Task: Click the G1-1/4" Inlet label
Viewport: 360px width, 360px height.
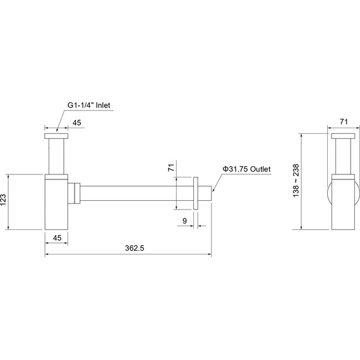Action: pos(89,105)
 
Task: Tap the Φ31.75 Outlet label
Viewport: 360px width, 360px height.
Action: pos(246,169)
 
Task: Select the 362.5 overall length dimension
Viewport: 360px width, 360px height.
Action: pos(135,248)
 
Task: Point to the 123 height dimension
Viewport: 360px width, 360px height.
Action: pos(3,200)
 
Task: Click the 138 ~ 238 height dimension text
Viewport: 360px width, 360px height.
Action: pos(296,181)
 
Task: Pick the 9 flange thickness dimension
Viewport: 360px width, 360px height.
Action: pos(184,221)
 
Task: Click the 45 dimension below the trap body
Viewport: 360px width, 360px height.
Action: pos(57,238)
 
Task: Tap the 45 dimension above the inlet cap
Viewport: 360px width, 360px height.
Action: pos(77,123)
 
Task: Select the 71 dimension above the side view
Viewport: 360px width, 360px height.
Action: pos(344,122)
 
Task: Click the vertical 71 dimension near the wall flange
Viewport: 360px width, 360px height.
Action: pos(171,167)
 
